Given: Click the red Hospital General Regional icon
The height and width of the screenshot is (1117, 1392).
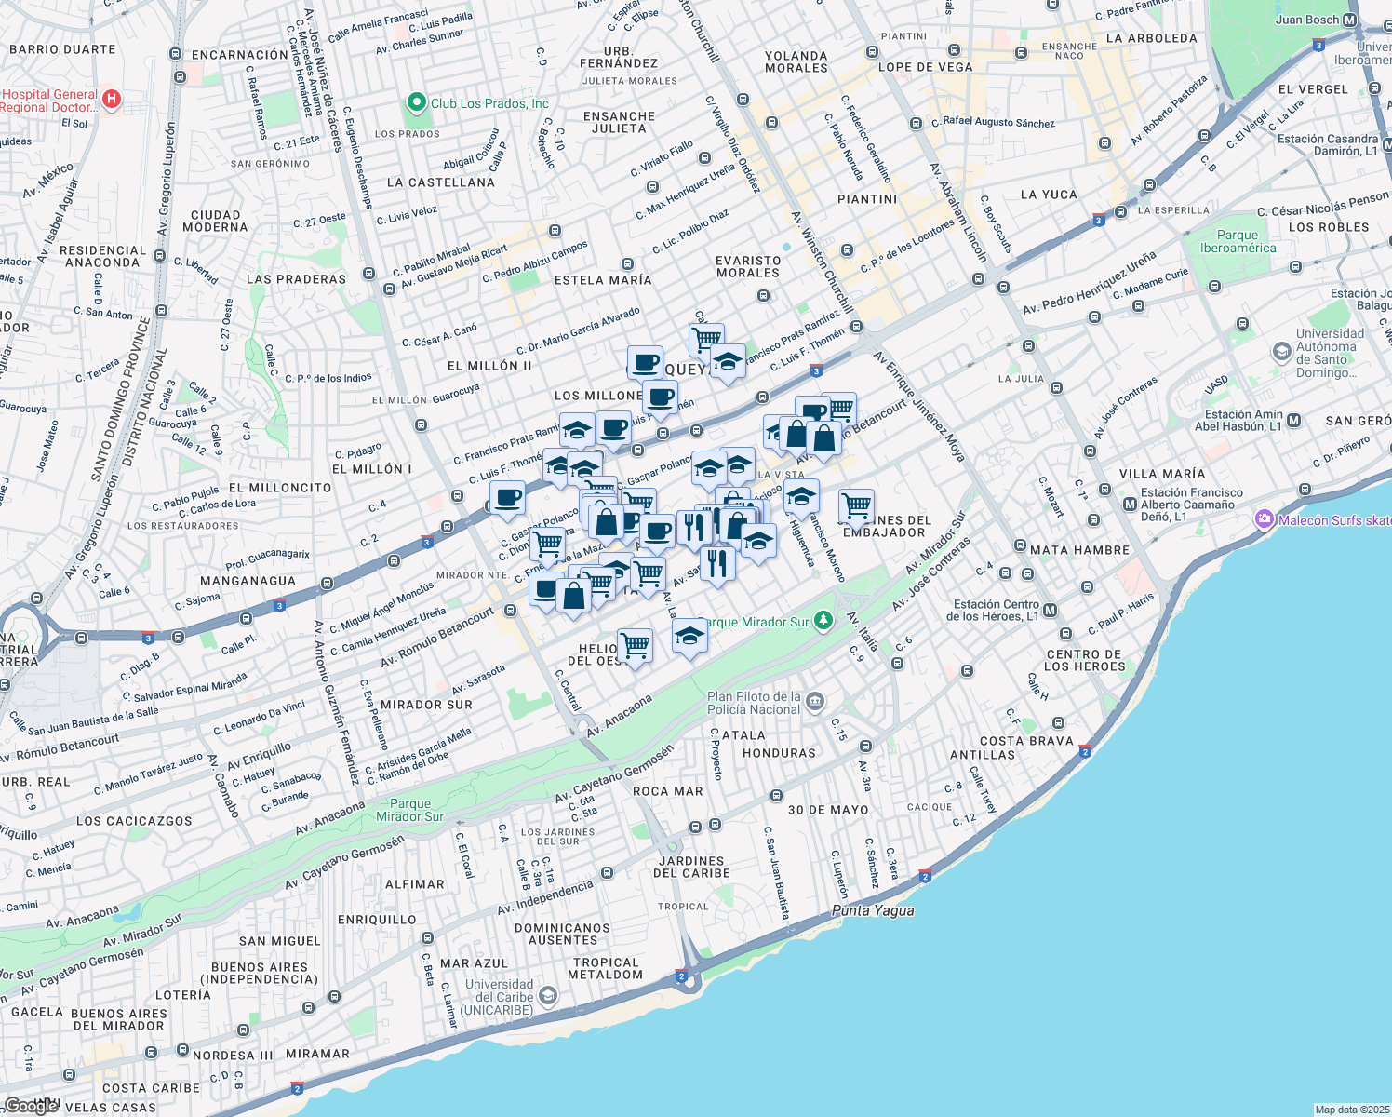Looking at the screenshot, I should (x=112, y=99).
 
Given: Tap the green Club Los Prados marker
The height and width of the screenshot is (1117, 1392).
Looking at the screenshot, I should (x=416, y=102).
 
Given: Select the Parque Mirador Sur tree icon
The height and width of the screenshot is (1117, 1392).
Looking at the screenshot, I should (x=823, y=621).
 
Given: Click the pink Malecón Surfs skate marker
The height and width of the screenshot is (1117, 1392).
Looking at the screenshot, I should (x=1264, y=519).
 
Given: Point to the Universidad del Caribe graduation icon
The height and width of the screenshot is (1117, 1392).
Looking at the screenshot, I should (x=548, y=997).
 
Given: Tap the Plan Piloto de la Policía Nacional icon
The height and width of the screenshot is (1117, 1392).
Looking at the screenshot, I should (x=815, y=702).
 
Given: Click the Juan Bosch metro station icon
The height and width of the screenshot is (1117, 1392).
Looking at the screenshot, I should (x=1349, y=20).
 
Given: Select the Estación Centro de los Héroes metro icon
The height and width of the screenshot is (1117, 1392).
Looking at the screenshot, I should (x=1051, y=611).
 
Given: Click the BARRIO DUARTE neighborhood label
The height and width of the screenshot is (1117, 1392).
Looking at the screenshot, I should (x=62, y=49).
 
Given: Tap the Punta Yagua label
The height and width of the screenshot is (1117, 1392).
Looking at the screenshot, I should (x=873, y=910).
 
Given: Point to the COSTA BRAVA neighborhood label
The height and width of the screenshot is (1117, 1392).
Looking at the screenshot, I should (x=1026, y=741).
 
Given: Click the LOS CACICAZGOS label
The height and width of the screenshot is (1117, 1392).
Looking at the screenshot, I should (x=134, y=821).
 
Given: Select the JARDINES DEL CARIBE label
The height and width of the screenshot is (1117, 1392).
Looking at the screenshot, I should (x=691, y=867).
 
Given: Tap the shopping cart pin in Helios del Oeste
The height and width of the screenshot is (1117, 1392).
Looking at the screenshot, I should (x=635, y=644).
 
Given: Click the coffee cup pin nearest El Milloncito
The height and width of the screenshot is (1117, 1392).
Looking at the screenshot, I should (x=507, y=498).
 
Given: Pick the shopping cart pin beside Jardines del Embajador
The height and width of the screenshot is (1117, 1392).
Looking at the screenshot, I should (x=856, y=506).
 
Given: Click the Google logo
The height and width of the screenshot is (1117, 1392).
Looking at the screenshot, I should (x=30, y=1105).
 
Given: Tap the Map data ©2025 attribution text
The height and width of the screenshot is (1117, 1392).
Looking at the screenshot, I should (x=1352, y=1110).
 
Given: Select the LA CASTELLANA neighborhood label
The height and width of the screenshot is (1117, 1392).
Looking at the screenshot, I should (x=440, y=182).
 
